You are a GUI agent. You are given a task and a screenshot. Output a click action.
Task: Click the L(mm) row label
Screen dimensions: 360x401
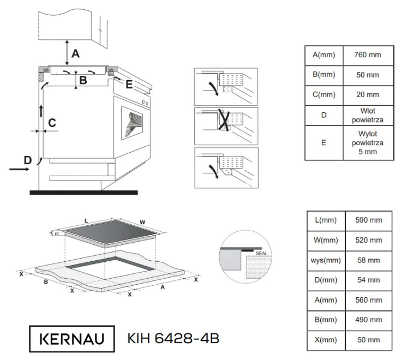326,220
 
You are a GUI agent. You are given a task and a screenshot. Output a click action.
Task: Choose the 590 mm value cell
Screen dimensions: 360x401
368,220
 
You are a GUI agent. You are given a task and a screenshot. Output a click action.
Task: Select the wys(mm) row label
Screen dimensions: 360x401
326,260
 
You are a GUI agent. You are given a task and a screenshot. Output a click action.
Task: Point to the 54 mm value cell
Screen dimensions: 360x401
368,280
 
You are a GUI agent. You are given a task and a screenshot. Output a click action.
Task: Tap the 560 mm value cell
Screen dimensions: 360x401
368,300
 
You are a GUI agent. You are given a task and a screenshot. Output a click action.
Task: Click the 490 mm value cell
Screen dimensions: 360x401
368,320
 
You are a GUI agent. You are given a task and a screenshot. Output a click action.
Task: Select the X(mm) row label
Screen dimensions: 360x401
326,340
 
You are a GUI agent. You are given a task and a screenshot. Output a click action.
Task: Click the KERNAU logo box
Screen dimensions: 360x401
73,339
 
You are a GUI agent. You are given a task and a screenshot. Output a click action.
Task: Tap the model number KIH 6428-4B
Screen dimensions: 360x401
173,339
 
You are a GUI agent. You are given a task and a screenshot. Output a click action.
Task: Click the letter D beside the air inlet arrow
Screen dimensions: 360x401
28,160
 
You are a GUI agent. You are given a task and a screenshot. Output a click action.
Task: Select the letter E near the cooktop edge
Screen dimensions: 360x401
129,84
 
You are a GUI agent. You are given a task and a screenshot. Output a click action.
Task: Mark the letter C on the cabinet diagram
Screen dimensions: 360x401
52,123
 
